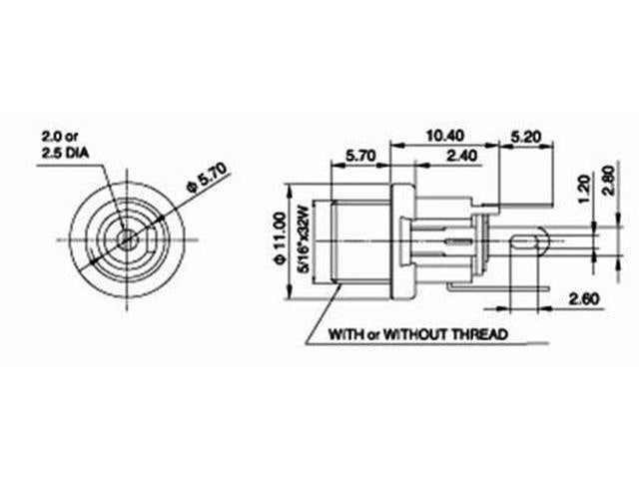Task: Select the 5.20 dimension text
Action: pos(525,134)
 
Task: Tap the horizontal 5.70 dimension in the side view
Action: pos(360,156)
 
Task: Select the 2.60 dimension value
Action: pos(582,297)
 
